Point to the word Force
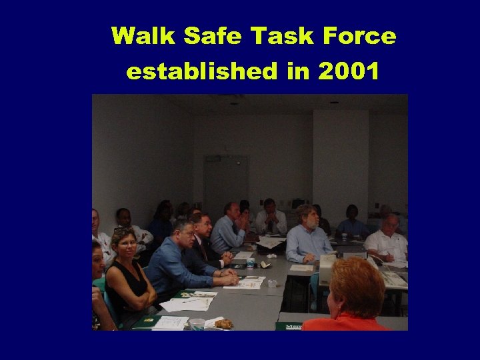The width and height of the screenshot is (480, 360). (x=363, y=36)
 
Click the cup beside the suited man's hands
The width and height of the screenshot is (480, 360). (x=250, y=263)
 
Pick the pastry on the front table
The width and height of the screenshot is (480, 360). (x=223, y=324)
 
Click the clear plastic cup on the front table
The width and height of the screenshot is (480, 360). (x=197, y=324)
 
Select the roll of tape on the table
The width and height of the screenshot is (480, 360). (x=272, y=283)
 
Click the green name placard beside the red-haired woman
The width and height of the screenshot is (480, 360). (x=291, y=326)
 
